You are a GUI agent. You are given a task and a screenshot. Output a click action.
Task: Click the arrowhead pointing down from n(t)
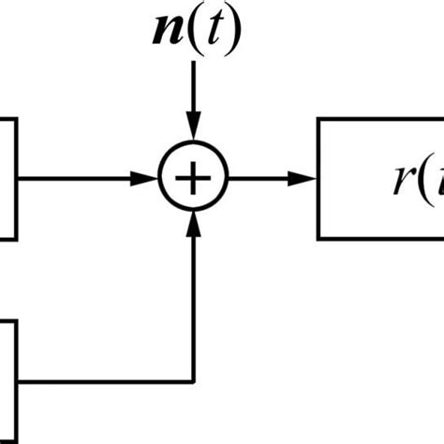coord(193,129)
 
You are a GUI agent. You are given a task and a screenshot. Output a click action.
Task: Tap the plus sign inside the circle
coord(193,177)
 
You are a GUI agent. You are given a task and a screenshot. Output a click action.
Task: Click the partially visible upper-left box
coord(7,177)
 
